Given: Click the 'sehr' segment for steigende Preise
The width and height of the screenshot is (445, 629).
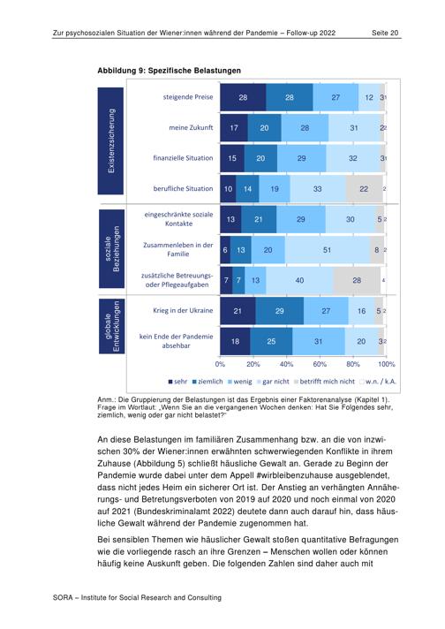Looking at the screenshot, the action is click(x=243, y=97).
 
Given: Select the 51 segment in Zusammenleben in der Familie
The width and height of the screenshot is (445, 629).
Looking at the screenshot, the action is click(x=328, y=250).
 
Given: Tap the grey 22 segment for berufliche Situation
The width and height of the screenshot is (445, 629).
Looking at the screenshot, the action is click(x=365, y=188).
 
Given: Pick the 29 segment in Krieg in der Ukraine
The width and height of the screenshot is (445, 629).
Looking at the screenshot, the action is click(x=279, y=311).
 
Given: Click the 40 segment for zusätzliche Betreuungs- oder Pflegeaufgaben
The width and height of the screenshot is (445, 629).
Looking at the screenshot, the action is click(x=299, y=280).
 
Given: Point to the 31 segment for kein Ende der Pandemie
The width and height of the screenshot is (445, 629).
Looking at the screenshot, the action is click(x=319, y=341).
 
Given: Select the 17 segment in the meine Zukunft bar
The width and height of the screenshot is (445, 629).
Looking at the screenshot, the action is click(x=234, y=128).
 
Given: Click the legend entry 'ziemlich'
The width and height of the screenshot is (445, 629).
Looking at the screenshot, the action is click(x=207, y=382).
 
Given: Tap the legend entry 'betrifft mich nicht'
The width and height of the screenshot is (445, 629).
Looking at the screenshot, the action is click(x=324, y=382).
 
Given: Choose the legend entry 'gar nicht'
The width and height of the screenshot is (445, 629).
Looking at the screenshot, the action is click(x=273, y=382).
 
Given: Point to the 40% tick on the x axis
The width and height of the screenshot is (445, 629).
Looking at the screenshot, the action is click(x=286, y=364).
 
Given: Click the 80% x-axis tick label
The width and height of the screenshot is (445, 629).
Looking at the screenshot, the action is click(x=353, y=364).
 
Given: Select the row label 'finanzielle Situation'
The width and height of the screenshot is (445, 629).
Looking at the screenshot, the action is click(x=183, y=158).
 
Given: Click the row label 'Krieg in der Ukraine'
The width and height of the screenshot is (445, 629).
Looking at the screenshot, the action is click(x=183, y=310).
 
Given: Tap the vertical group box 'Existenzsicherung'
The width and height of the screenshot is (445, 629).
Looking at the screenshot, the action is click(x=110, y=140).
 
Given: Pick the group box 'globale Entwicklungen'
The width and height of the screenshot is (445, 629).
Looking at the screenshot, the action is click(x=112, y=326).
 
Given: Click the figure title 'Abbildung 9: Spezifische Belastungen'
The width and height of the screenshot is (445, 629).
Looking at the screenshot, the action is click(x=170, y=71).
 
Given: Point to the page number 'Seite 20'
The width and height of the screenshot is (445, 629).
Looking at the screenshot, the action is click(x=385, y=33).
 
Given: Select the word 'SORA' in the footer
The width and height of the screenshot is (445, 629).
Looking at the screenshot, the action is click(x=63, y=598).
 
